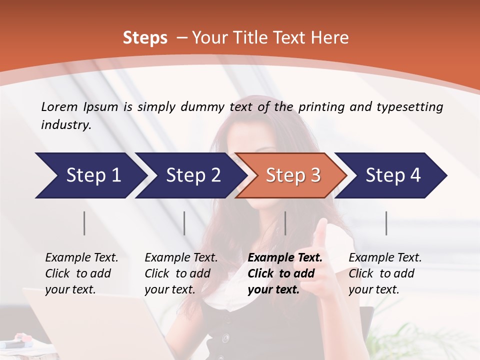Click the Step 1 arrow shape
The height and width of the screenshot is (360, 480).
point(90,175)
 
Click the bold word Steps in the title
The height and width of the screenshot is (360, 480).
point(145,38)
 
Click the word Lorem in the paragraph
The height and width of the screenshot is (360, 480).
point(59,106)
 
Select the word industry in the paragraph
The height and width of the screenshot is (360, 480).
point(65,124)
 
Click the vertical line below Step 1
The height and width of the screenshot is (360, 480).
point(84,223)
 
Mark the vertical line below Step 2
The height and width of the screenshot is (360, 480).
point(184,223)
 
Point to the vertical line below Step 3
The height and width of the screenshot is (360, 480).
point(285,223)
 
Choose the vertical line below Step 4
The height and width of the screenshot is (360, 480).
point(386,223)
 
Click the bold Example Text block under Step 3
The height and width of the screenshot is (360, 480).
point(285,273)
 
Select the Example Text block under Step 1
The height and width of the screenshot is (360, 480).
point(81,273)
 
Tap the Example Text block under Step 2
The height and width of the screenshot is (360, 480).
point(181,273)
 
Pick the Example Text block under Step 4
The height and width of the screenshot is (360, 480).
point(385,273)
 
